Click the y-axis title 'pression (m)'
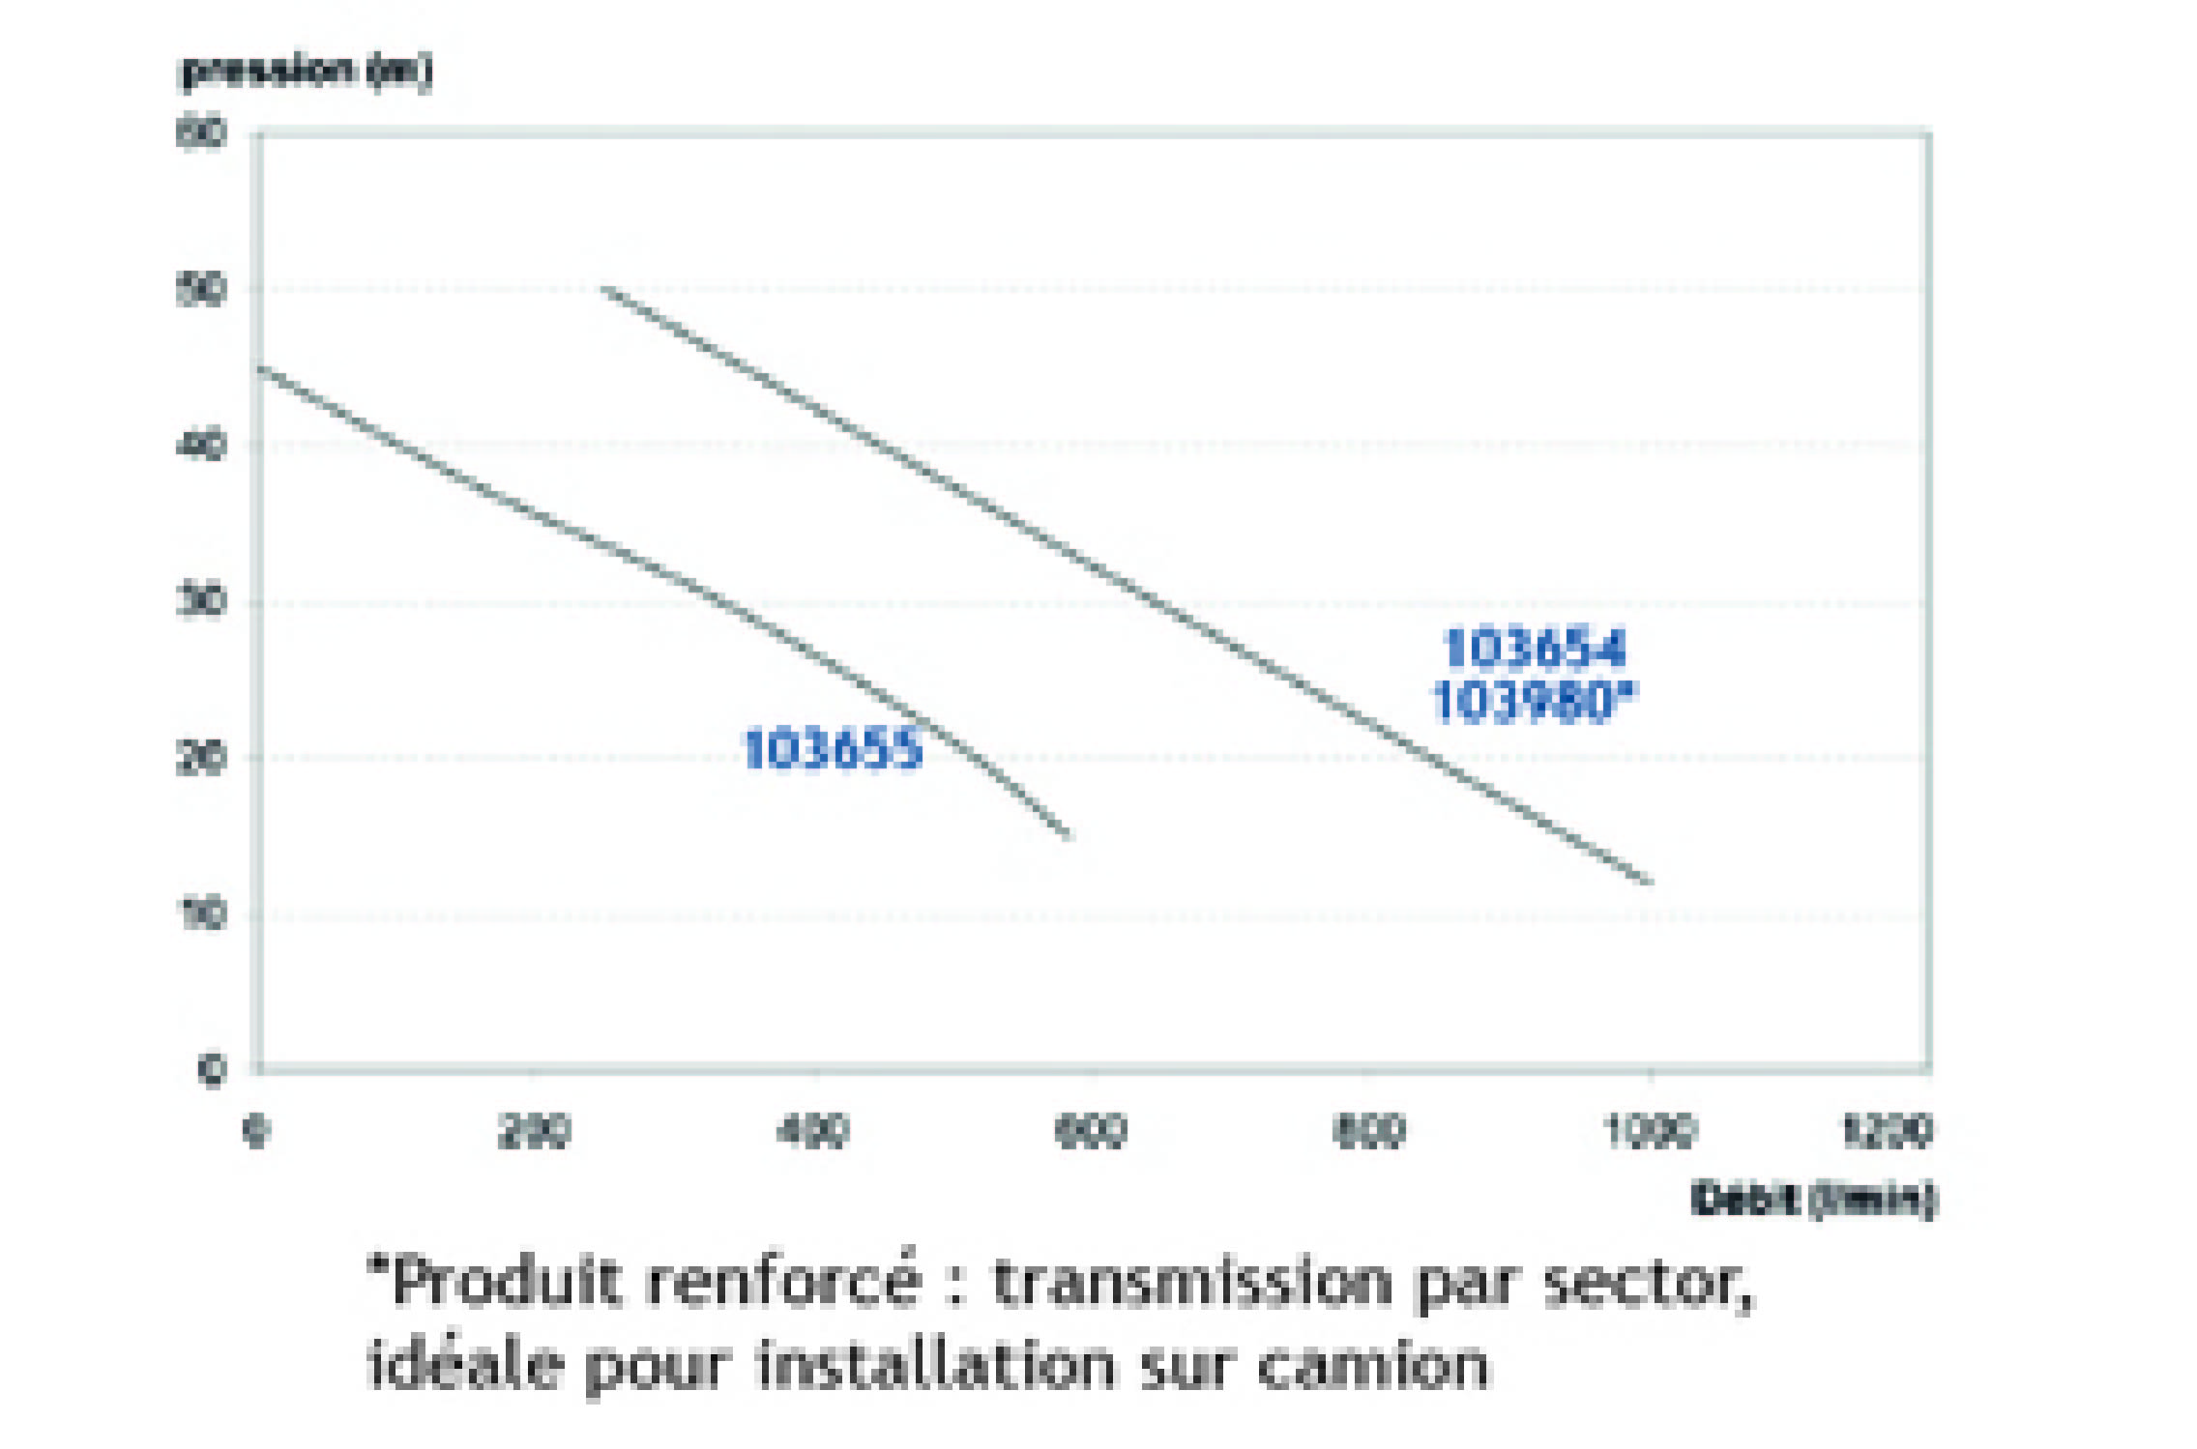point(307,71)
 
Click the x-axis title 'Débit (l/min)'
point(1813,1199)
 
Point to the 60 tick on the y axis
point(201,132)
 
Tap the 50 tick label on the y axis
point(201,289)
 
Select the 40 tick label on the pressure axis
point(201,446)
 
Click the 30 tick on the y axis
point(201,601)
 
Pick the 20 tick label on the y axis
point(201,758)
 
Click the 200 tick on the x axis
point(534,1130)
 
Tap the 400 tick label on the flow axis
point(812,1130)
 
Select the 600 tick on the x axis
point(1091,1130)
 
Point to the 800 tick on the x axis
point(1369,1130)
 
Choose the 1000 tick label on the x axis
point(1650,1130)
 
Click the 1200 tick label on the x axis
point(1887,1130)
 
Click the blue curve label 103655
point(833,749)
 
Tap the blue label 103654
point(1535,648)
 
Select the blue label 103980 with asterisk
point(1535,701)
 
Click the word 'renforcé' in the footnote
point(783,1282)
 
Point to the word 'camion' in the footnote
point(1373,1365)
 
